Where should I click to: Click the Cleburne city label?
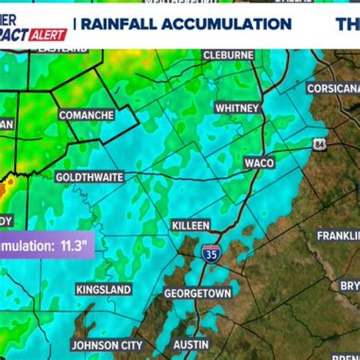[x=229, y=55]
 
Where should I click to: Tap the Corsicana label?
[x=333, y=88]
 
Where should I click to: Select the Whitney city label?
[x=238, y=108]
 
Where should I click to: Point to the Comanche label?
[x=87, y=115]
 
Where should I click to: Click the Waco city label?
[x=259, y=163]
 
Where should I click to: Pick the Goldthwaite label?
[x=90, y=177]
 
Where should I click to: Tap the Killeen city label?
[x=190, y=226]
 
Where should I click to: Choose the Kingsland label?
[x=103, y=289]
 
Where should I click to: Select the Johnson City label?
[x=106, y=345]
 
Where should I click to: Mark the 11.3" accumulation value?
[x=73, y=245]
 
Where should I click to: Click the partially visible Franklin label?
[x=338, y=235]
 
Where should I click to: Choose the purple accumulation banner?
[x=46, y=245]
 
